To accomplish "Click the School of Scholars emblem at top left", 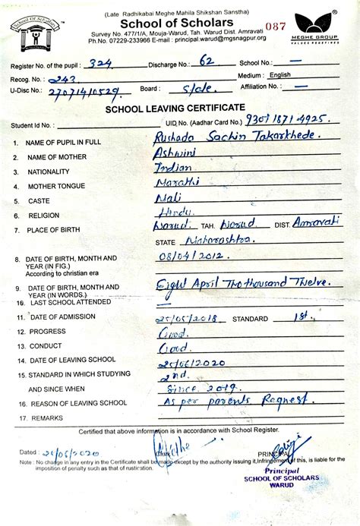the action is click(x=35, y=33).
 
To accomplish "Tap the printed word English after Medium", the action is click(x=280, y=75).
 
